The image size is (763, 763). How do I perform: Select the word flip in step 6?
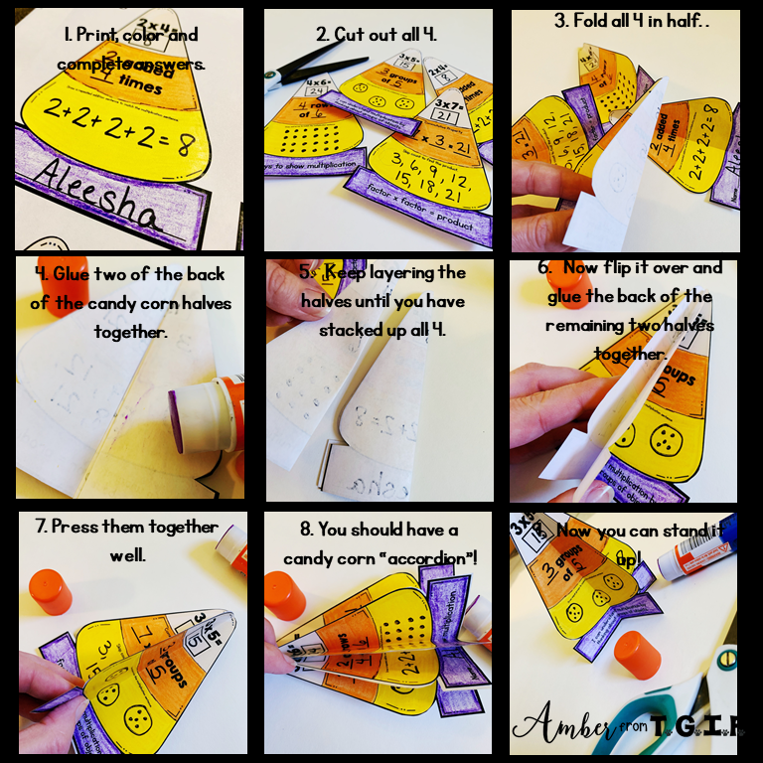pyautogui.click(x=611, y=267)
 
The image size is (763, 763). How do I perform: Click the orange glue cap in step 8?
pyautogui.click(x=288, y=595)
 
